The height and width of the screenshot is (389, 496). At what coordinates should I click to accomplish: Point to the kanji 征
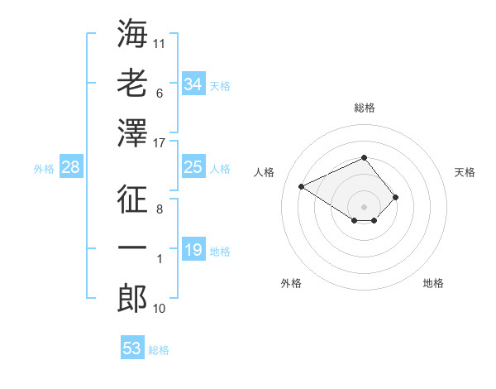click(132, 198)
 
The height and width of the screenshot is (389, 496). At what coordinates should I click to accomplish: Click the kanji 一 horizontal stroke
click(132, 248)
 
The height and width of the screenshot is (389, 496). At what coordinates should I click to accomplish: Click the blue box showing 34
click(193, 84)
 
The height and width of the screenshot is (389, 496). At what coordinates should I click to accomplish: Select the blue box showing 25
click(193, 168)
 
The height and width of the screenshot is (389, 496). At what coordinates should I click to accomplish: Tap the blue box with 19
click(193, 250)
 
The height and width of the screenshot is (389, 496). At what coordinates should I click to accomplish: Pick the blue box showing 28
click(70, 168)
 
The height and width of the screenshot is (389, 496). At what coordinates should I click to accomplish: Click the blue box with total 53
click(131, 348)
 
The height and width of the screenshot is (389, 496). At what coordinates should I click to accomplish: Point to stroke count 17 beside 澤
click(160, 143)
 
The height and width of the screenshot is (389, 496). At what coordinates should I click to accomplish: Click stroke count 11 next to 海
click(160, 42)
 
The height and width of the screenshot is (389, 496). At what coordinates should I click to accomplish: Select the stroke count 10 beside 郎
click(160, 309)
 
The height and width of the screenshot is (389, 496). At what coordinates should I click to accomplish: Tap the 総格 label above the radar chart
click(364, 108)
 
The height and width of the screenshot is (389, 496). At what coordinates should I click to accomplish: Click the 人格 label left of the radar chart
click(265, 172)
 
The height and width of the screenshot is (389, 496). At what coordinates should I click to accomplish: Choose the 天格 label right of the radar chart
click(465, 172)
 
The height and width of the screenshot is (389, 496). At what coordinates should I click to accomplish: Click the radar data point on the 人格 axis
click(302, 185)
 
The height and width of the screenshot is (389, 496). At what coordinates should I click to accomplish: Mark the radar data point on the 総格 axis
click(364, 157)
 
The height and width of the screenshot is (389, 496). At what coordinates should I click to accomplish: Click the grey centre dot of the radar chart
click(364, 206)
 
